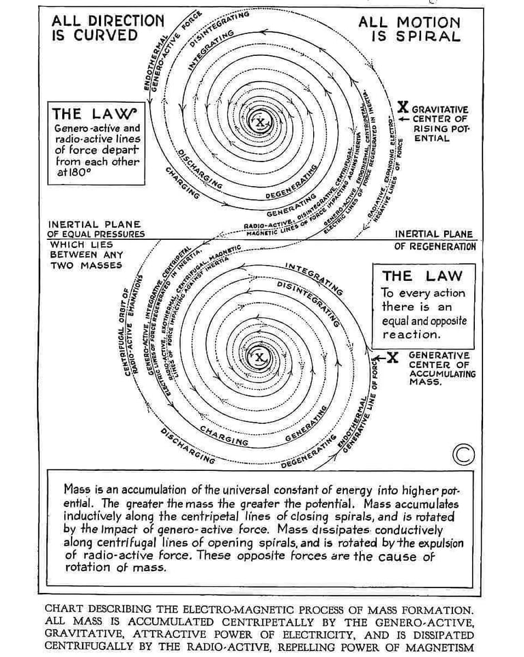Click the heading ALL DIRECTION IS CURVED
point(107,28)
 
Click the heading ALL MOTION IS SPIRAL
point(409,29)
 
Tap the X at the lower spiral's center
point(260,357)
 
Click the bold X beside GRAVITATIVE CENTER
point(403,107)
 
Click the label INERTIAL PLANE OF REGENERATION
point(434,240)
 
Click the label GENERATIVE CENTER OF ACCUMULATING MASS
point(439,369)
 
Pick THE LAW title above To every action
point(422,276)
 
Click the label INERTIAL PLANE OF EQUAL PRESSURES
point(96,229)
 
